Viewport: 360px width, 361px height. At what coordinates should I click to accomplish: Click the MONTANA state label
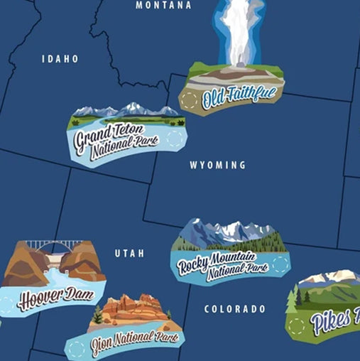[163, 5]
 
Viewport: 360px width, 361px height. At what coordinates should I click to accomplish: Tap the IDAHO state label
[60, 59]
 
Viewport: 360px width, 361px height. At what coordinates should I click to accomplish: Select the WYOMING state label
[217, 166]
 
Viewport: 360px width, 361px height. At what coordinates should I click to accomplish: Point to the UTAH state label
[129, 253]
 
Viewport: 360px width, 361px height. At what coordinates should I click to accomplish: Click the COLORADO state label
[234, 309]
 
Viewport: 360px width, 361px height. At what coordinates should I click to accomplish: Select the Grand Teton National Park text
[110, 139]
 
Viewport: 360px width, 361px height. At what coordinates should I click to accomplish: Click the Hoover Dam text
[55, 296]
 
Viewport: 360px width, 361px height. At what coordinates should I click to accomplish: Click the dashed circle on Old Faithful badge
[190, 102]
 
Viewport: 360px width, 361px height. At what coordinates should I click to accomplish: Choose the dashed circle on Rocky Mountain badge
[280, 264]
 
